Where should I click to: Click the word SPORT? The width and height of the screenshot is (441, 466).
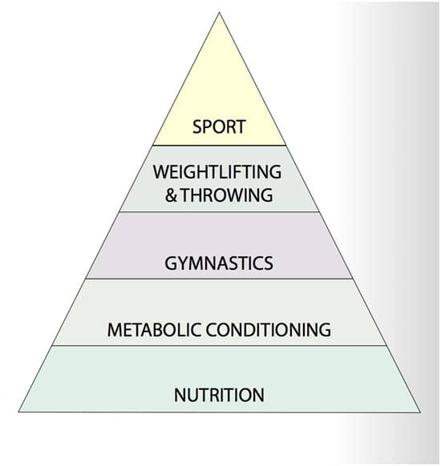219,127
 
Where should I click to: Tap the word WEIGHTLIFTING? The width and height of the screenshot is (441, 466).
217,172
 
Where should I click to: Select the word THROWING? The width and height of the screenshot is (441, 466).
227,195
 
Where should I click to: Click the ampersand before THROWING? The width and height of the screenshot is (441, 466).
171,195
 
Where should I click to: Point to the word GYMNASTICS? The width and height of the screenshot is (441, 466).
219,263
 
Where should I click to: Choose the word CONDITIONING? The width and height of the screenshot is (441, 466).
269,330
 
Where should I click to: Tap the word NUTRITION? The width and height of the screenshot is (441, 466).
219,395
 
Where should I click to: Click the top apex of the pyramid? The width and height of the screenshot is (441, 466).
220,13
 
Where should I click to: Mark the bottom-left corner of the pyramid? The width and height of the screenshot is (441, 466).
18,412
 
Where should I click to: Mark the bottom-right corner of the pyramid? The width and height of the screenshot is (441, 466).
420,412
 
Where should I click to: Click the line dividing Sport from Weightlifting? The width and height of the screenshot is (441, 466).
220,146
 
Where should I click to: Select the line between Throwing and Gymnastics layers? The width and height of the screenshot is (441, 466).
220,212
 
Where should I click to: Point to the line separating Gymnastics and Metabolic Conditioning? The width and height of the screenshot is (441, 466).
220,279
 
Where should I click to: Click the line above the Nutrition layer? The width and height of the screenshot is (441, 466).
220,346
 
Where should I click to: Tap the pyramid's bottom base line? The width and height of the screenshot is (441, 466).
220,412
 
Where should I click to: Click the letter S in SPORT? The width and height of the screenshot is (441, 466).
197,127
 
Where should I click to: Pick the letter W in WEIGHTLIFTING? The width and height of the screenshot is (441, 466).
160,172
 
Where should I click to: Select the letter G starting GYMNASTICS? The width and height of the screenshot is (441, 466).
171,263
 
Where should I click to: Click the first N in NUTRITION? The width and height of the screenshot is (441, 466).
180,395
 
